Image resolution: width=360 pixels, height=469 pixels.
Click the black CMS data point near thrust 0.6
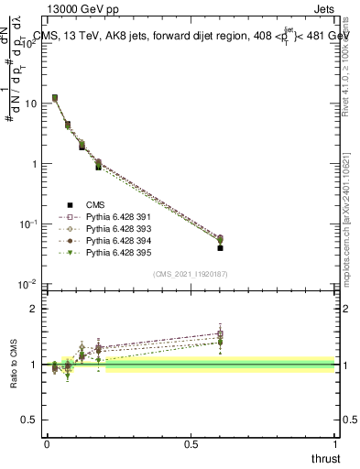220,247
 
